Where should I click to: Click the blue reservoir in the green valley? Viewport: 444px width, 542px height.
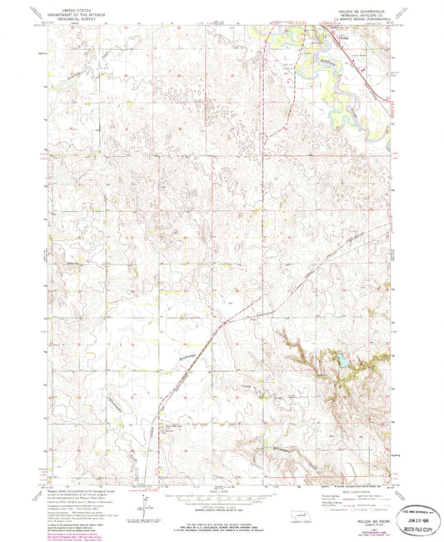click(342, 361)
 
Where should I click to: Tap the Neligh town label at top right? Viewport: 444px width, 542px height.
click(346, 30)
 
